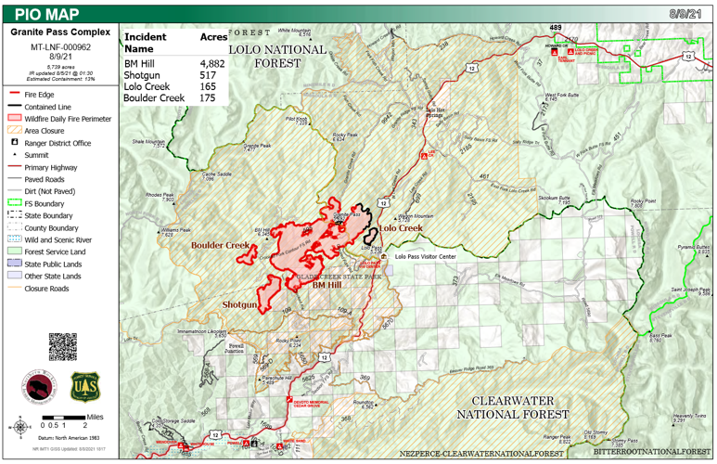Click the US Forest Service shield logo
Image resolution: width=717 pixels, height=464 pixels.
click(85, 385)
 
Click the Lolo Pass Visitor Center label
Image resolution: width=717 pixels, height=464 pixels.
click(425, 255)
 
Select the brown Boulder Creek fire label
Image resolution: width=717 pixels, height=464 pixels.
click(221, 246)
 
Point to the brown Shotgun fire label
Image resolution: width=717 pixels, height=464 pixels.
click(238, 303)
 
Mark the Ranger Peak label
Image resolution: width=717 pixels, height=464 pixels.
click(557, 438)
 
